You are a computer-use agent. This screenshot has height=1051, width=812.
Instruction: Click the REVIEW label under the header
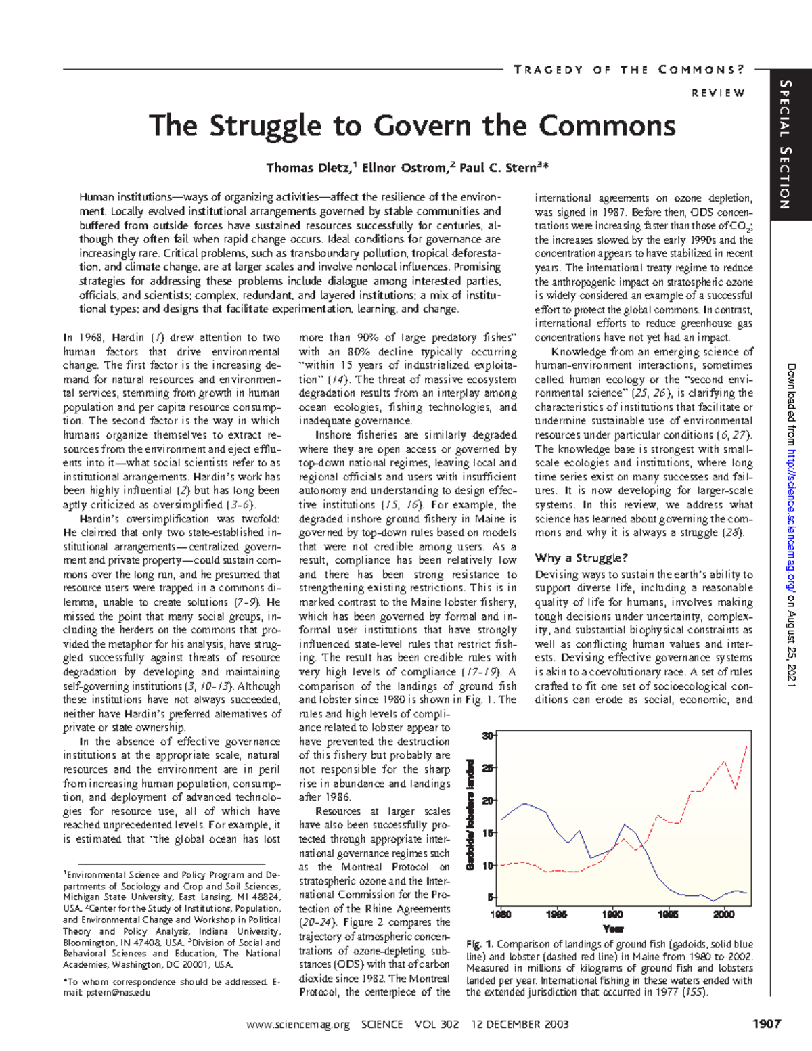[x=718, y=93]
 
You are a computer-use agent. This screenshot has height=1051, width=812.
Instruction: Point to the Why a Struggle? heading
[x=581, y=558]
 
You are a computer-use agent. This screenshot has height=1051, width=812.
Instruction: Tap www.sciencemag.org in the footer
[x=298, y=1025]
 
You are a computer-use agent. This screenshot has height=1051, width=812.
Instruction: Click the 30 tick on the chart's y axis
[x=487, y=736]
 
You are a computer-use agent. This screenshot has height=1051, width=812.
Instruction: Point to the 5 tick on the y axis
[x=490, y=897]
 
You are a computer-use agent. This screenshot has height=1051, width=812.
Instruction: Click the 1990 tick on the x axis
[x=612, y=914]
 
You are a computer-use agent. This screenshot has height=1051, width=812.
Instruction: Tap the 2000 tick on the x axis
[x=723, y=914]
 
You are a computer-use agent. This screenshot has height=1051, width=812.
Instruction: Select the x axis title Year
[x=612, y=929]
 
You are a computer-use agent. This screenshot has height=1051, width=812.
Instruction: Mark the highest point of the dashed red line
[x=747, y=746]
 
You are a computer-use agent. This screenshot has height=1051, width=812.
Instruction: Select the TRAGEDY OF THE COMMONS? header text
[x=629, y=70]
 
